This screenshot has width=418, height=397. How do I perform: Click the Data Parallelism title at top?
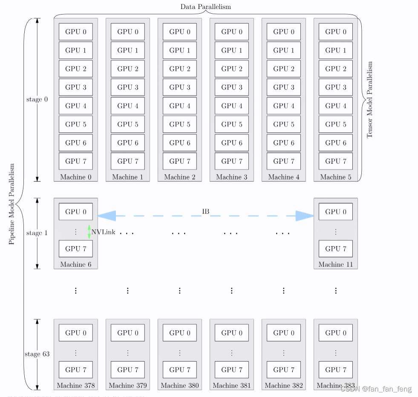(206, 7)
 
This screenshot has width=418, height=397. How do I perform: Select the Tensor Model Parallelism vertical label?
(369, 100)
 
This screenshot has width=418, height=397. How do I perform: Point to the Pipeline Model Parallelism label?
(12, 204)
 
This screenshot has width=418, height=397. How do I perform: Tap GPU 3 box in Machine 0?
(76, 87)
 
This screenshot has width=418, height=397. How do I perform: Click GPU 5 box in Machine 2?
(180, 124)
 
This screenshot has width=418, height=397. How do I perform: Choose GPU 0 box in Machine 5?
(336, 32)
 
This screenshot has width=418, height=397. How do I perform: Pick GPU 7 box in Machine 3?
(232, 161)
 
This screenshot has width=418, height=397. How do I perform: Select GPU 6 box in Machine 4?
(284, 143)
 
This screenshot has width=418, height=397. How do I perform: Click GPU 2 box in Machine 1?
(128, 69)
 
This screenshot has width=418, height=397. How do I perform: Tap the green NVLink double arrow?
(89, 232)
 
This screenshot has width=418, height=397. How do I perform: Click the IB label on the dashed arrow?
(206, 211)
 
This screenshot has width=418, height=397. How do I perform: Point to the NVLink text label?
(103, 232)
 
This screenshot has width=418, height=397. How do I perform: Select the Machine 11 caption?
(336, 264)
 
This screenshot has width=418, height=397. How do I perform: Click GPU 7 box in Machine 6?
(76, 248)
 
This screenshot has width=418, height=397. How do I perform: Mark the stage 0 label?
(37, 99)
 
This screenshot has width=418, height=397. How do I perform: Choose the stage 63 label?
(37, 354)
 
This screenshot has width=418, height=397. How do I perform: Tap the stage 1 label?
(37, 233)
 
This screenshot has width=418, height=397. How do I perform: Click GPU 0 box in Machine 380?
(180, 333)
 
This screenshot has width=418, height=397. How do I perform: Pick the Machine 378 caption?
(76, 385)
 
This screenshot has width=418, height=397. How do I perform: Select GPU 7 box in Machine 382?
(284, 370)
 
